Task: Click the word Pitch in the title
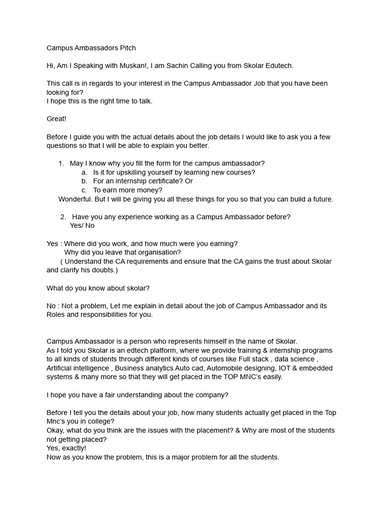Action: coord(127,48)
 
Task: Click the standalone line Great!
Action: coord(56,119)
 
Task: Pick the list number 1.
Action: coord(61,163)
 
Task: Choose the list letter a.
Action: coord(84,173)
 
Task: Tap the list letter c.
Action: coord(84,190)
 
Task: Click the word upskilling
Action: coord(132,173)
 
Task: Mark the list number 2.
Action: coord(63,217)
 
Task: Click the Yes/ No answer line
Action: coord(82,226)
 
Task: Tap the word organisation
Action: coord(157,252)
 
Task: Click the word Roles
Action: coord(56,315)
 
